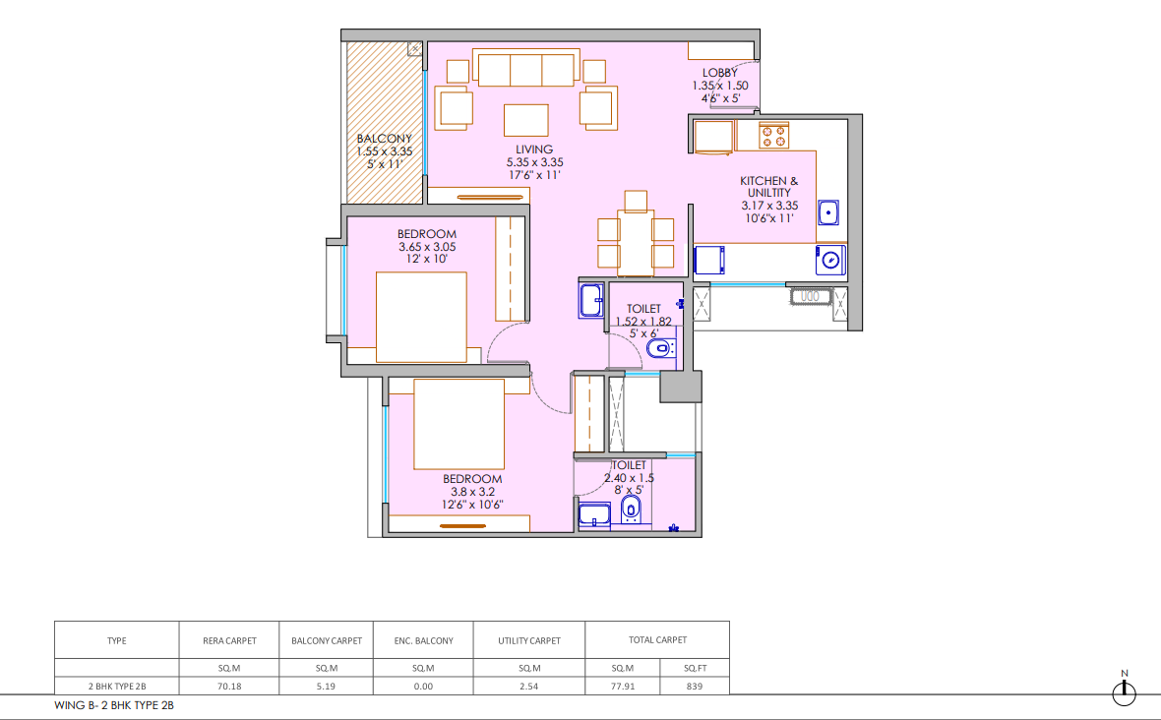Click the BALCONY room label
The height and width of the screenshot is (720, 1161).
[385, 139]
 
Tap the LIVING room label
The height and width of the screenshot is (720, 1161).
[534, 150]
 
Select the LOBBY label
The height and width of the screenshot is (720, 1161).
[719, 73]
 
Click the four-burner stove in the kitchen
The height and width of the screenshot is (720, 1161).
[773, 136]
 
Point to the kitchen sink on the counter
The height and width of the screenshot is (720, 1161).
[828, 212]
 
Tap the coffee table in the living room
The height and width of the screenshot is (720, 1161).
[526, 120]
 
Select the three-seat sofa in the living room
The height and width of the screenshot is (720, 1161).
[525, 69]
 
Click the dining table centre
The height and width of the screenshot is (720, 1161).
[636, 244]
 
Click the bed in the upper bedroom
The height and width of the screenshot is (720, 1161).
[421, 318]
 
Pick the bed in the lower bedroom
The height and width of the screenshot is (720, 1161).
[459, 425]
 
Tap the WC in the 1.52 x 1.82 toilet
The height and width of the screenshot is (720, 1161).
[660, 348]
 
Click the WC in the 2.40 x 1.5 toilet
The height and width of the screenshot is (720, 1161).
[630, 509]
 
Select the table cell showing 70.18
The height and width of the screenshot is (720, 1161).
[229, 686]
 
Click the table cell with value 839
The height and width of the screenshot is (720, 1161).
[695, 686]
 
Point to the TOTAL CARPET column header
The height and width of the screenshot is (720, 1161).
[657, 640]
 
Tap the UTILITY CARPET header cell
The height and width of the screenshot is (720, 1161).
[529, 641]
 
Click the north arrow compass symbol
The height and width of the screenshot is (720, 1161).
[1124, 692]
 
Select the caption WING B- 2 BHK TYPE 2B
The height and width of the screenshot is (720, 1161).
[114, 705]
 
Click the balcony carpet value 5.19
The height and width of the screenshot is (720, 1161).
[326, 686]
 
